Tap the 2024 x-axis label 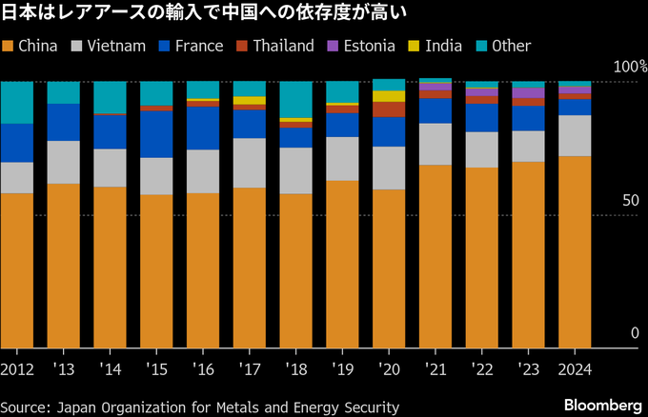576,368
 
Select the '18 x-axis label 296,368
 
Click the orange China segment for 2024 575,252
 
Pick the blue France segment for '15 156,133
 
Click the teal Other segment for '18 296,99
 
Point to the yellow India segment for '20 389,96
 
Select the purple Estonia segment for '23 529,92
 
